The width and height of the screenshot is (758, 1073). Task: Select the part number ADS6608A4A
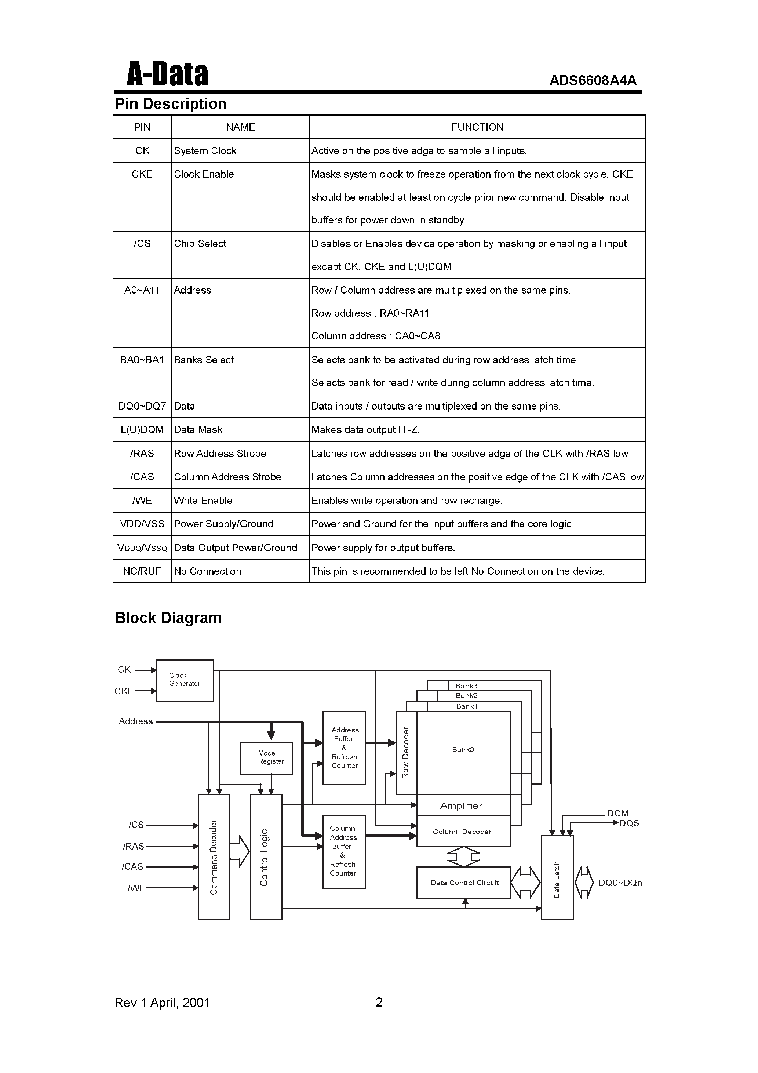click(x=593, y=81)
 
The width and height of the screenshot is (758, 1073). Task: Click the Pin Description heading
click(x=171, y=104)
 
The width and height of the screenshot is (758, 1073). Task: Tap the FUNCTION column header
click(x=477, y=127)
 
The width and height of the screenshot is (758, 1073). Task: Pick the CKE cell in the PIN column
click(x=142, y=174)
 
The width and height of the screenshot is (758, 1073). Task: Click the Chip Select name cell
click(x=200, y=244)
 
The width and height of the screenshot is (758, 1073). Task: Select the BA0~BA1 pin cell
click(x=142, y=360)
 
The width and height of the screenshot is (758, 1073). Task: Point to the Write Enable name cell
click(x=203, y=501)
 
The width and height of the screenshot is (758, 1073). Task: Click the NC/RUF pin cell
click(x=142, y=571)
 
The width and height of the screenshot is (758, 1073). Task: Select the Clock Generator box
click(x=185, y=680)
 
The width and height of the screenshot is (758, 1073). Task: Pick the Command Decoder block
click(x=214, y=856)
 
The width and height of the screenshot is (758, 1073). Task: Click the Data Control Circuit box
click(x=464, y=882)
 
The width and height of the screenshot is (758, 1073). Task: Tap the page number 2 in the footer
click(x=379, y=1002)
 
